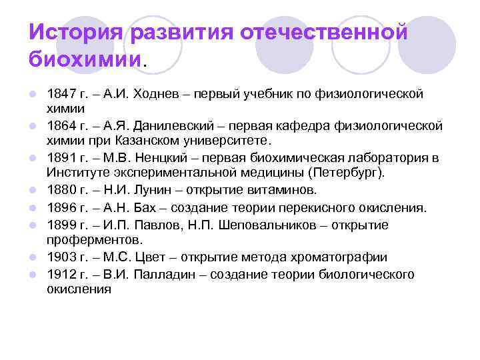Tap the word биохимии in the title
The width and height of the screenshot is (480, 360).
coord(85,59)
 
